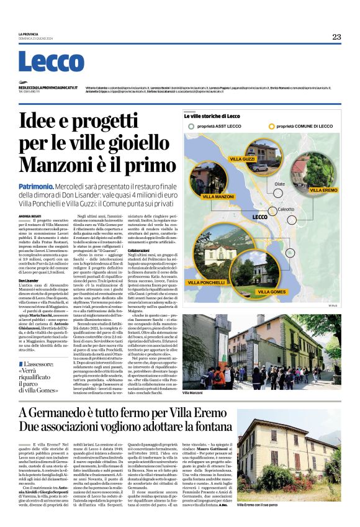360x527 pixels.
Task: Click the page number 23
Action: [336, 37]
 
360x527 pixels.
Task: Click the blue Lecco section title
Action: [43, 62]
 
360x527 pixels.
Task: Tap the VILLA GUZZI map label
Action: [242, 160]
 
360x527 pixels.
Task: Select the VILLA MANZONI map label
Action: [217, 196]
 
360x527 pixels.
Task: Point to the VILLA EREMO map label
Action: [323, 189]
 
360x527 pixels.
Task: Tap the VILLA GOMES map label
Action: [271, 291]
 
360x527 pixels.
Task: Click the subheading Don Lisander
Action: [30, 281]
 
